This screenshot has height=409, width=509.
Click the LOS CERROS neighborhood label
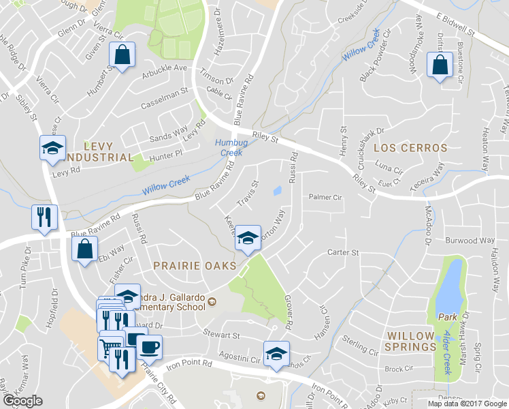(410, 148)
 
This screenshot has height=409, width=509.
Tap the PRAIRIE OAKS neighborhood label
(194, 264)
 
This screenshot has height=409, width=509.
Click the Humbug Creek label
(229, 147)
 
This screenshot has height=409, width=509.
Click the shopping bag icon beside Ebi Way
(86, 249)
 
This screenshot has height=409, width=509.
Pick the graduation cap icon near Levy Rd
(52, 148)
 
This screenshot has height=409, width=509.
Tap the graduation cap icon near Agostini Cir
(276, 354)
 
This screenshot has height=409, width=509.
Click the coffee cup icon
(150, 347)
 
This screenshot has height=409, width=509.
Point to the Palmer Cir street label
(325, 198)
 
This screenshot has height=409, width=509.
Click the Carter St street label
(343, 252)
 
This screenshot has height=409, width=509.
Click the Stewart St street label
(222, 335)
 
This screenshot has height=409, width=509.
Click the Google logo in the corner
(23, 401)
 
